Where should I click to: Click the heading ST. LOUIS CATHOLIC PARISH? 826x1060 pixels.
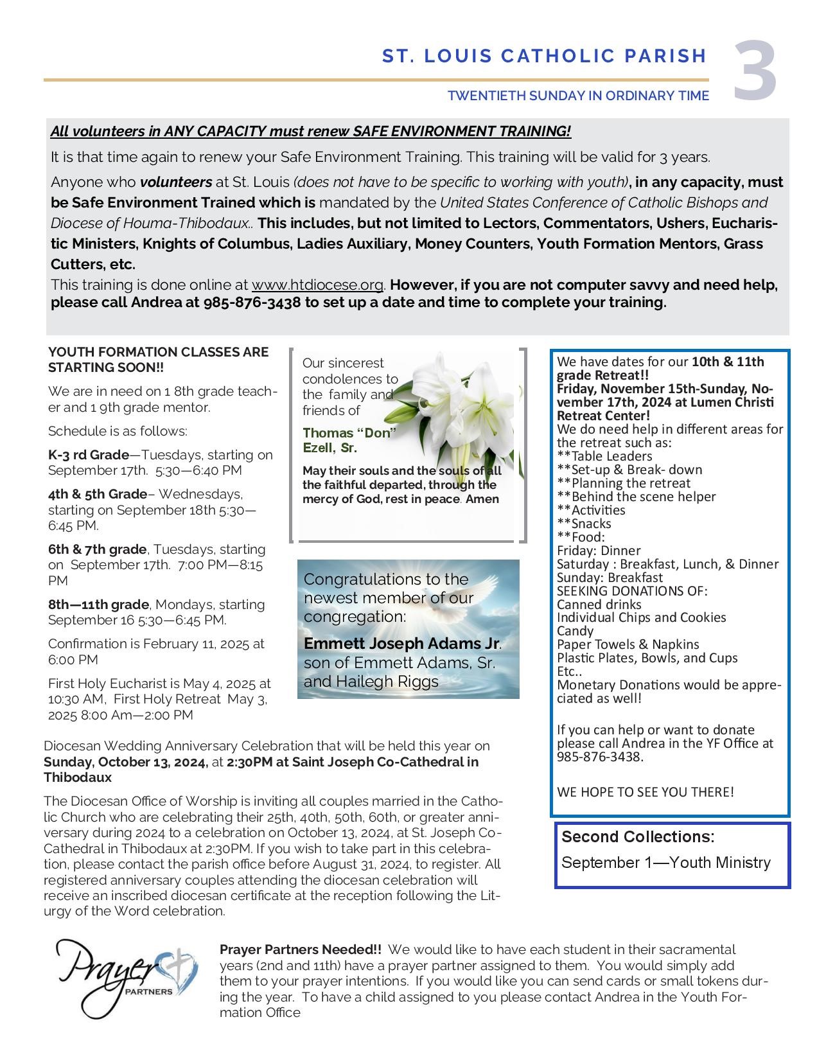pos(544,57)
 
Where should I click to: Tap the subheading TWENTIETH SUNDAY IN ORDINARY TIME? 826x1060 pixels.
pos(578,96)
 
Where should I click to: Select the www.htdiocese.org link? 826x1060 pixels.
pos(317,285)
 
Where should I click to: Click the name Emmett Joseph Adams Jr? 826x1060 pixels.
pos(401,643)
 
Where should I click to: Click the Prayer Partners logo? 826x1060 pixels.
pos(126,978)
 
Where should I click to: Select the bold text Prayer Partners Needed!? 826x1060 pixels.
pos(300,950)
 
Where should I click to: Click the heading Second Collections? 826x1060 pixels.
pos(638,836)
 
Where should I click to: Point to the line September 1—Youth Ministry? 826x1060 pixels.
pos(665,862)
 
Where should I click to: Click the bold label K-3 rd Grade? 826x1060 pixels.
pos(89,455)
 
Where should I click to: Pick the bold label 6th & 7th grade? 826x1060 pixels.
pos(97,549)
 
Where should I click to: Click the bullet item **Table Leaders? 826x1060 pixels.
pos(604,456)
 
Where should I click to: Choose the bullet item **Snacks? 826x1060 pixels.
pos(584,524)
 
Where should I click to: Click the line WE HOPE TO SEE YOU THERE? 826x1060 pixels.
pos(645,791)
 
